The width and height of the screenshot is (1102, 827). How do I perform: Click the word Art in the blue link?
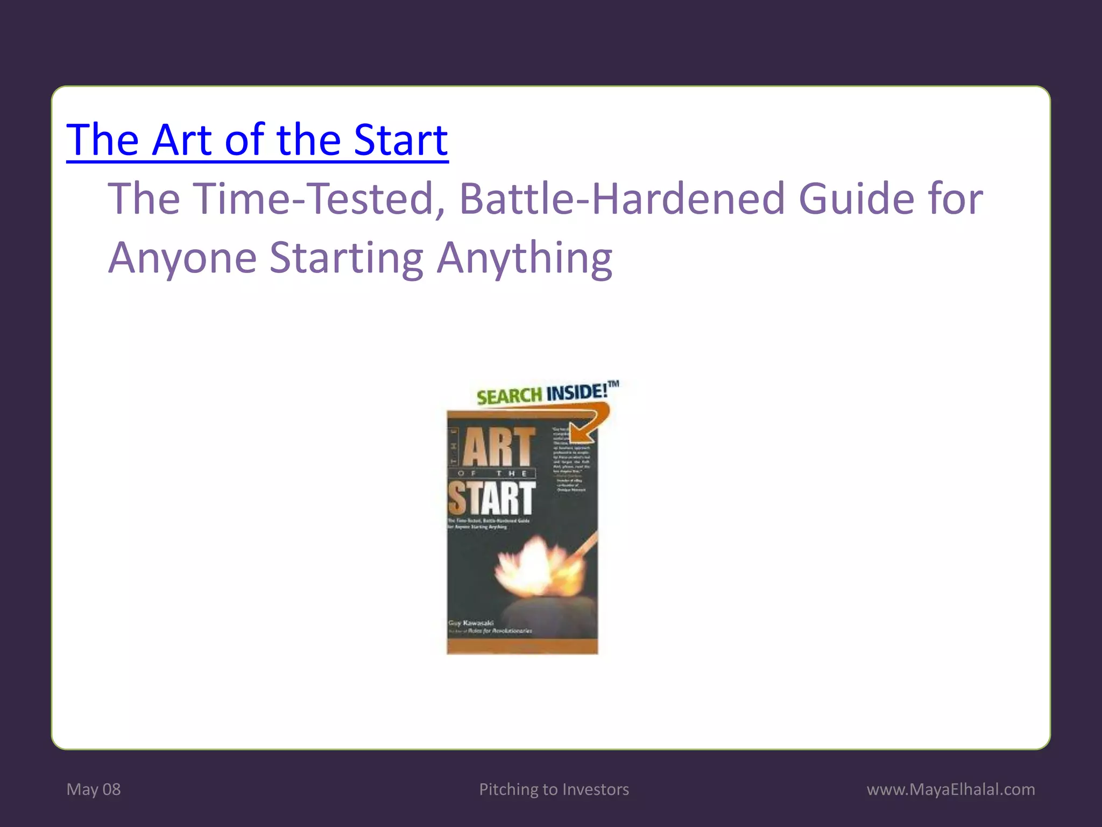pyautogui.click(x=182, y=140)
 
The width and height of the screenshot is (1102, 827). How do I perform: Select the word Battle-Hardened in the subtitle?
pyautogui.click(x=623, y=199)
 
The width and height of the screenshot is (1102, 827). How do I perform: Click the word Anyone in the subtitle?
pyautogui.click(x=182, y=258)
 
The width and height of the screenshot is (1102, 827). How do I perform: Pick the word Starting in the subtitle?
pyautogui.click(x=346, y=258)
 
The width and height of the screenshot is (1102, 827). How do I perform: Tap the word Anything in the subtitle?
pyautogui.click(x=524, y=258)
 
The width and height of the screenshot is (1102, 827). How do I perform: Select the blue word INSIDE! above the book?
pyautogui.click(x=577, y=392)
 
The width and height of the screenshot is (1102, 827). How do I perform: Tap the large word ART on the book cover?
pyautogui.click(x=499, y=447)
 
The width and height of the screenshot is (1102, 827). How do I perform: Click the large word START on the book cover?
pyautogui.click(x=492, y=498)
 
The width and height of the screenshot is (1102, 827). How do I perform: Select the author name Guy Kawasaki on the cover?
pyautogui.click(x=471, y=623)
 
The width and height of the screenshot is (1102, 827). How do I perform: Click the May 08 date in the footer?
pyautogui.click(x=94, y=789)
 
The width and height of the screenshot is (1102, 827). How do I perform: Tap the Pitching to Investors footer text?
pyautogui.click(x=554, y=789)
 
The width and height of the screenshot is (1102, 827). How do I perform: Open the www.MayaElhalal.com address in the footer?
pyautogui.click(x=950, y=789)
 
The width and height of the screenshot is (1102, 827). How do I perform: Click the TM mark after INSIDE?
pyautogui.click(x=613, y=383)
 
